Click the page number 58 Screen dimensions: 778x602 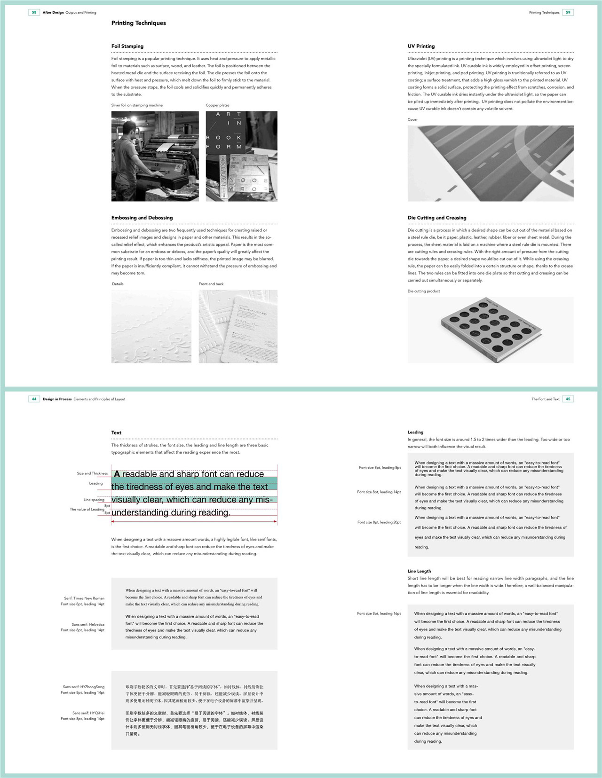34,12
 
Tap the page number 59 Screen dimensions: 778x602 568,12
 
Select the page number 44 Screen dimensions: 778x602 34,399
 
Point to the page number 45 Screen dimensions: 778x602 568,399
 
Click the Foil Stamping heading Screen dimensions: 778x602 127,46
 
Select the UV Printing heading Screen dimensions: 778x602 421,46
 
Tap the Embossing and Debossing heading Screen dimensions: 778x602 142,218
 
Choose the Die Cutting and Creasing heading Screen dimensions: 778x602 437,218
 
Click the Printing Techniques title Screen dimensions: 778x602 139,23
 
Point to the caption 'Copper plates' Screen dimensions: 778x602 218,105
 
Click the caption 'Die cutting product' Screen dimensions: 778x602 424,291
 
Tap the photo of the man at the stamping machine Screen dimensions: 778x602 155,156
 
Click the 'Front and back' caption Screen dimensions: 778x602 211,284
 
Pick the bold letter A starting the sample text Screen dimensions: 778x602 117,474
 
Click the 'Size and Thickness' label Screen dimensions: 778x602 92,473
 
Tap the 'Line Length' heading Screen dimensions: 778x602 419,571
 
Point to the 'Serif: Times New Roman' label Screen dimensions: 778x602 84,598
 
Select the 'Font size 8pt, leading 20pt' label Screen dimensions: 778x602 379,522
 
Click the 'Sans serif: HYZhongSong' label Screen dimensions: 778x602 84,687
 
